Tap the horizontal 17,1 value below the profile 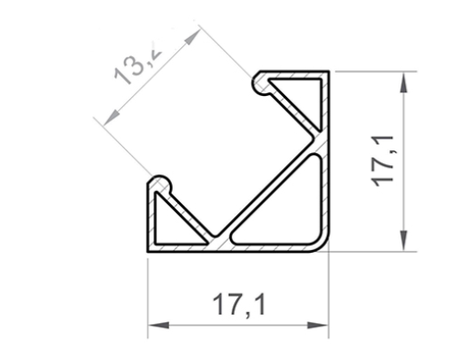point(238,305)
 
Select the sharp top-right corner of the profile point(329,71)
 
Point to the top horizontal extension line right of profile point(369,71)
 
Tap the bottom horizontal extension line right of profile point(369,250)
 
